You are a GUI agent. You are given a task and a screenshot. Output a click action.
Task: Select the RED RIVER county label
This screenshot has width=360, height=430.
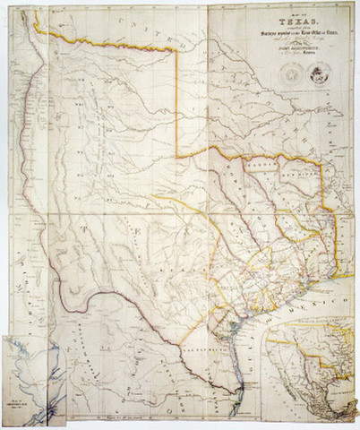coord(293,165)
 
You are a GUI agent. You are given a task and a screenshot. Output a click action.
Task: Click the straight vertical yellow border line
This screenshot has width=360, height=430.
coord(176,99)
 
